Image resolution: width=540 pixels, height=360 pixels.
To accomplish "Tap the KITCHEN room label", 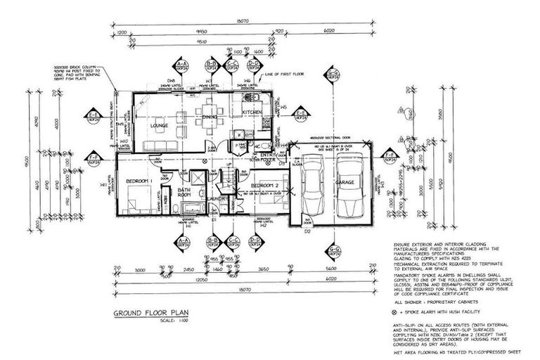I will (252, 112).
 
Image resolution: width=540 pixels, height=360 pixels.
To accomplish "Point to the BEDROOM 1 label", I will (140, 181).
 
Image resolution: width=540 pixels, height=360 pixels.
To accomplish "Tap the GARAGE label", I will (345, 182).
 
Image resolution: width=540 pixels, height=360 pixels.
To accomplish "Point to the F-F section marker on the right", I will (388, 157).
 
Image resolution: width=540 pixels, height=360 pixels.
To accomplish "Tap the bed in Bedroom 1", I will (134, 204).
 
